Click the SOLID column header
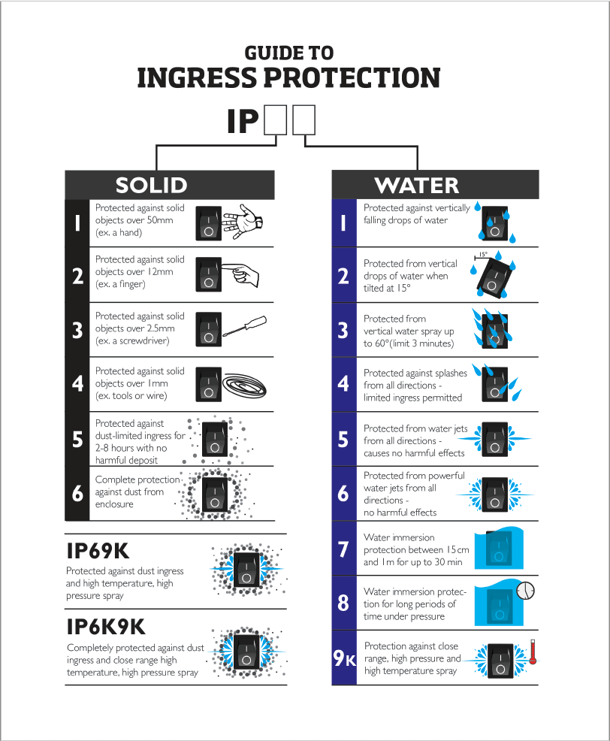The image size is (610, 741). click(x=151, y=185)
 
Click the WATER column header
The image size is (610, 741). click(x=416, y=185)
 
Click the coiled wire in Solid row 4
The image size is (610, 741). click(x=244, y=383)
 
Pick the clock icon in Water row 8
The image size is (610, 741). click(x=527, y=591)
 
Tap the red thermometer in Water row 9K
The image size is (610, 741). click(x=531, y=652)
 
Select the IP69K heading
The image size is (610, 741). click(x=98, y=551)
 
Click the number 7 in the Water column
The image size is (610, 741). click(x=343, y=549)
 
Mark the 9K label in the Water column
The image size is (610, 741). click(x=344, y=658)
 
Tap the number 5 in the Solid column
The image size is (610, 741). click(x=77, y=439)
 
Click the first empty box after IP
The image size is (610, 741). click(x=276, y=120)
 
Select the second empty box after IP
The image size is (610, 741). click(x=303, y=120)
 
